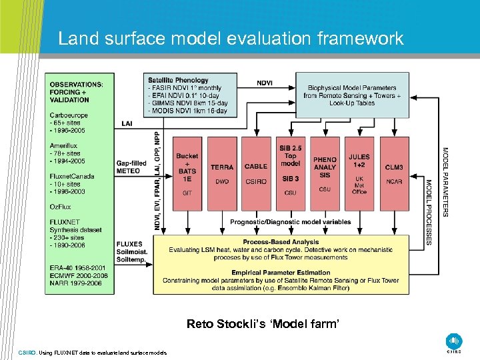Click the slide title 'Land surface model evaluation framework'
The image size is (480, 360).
tap(231, 39)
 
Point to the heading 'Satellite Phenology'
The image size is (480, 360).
tap(178, 81)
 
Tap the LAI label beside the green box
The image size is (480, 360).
tap(127, 123)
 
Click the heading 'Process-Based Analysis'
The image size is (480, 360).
tap(281, 242)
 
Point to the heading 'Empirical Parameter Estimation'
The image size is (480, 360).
tap(281, 273)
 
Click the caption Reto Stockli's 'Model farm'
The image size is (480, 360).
tap(263, 324)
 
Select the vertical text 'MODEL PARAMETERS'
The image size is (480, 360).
tap(445, 181)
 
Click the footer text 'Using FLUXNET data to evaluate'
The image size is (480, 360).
tap(93, 352)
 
